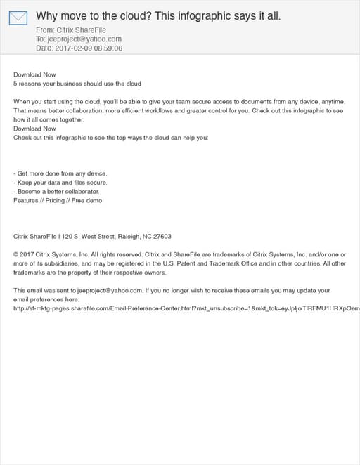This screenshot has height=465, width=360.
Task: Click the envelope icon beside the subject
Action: [18, 18]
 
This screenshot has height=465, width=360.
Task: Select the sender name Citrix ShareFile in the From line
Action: [79, 30]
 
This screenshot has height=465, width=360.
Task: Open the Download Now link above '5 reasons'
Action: [34, 74]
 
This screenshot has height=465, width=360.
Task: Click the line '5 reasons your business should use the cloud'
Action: [77, 84]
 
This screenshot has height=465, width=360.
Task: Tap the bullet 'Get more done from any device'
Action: [60, 173]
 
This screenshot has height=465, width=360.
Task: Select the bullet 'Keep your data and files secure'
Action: [60, 182]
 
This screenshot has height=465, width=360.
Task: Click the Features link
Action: [27, 200]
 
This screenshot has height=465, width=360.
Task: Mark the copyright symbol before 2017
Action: [16, 254]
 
